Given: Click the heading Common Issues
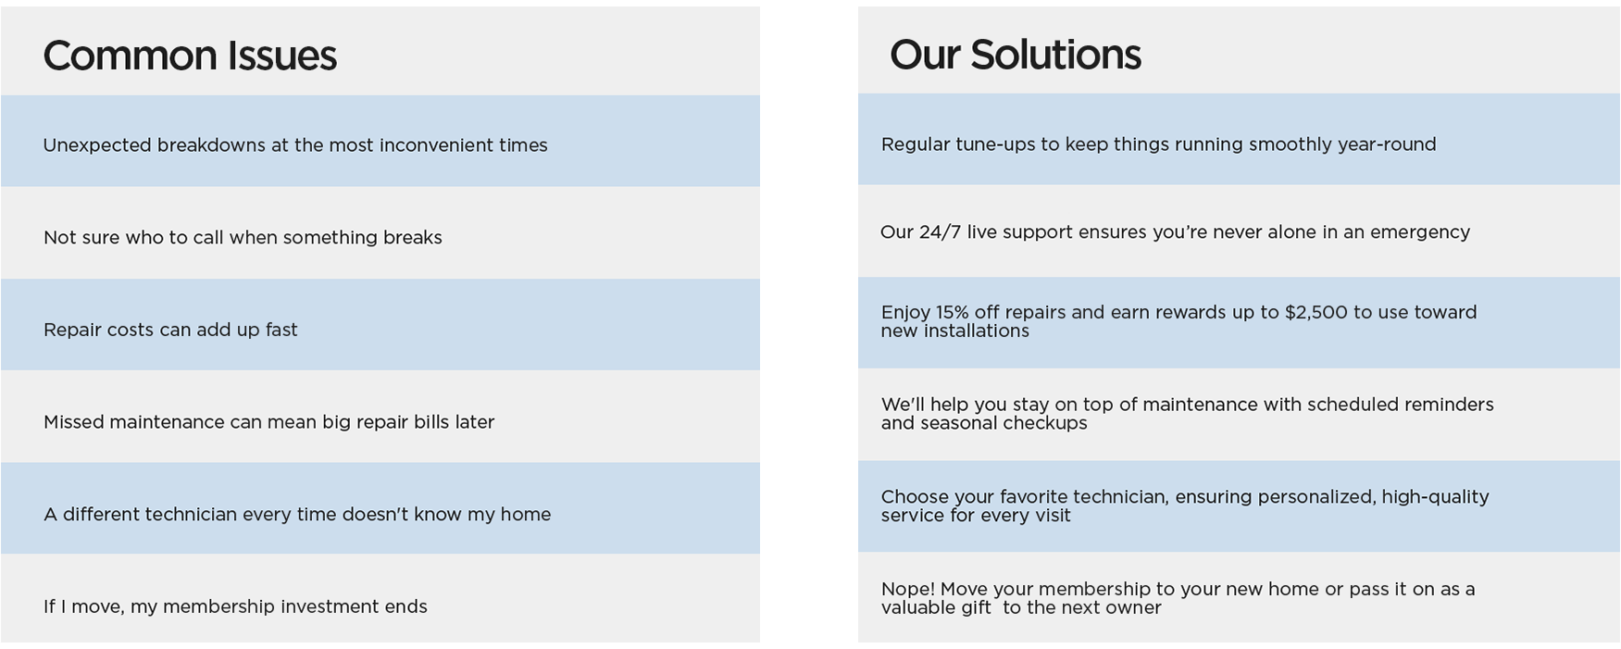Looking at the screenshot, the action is coord(190,56).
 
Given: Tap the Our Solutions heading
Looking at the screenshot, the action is coord(1015,55).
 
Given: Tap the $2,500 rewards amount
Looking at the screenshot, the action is coord(1316,312).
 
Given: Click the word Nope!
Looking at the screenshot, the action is coord(908,589).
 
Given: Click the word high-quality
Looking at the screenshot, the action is coord(1435,497).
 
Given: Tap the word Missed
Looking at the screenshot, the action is coord(73,422).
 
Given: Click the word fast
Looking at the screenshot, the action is coord(281,330).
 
